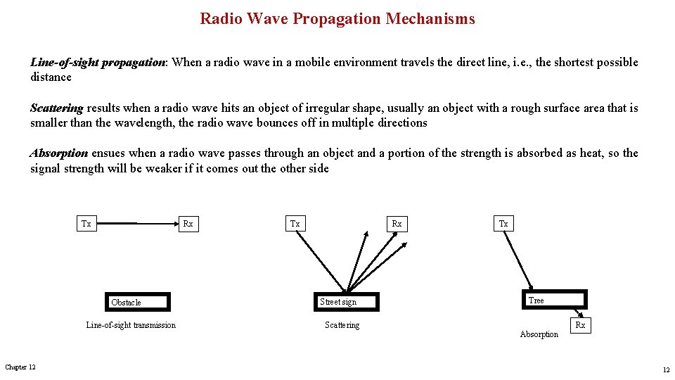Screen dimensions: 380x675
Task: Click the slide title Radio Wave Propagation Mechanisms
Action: click(337, 19)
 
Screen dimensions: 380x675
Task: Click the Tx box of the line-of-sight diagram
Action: click(86, 224)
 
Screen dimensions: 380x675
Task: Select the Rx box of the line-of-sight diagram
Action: click(188, 224)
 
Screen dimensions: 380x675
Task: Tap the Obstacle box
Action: click(138, 302)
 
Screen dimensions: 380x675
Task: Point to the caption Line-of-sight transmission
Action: click(131, 325)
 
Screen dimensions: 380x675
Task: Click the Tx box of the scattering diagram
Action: click(295, 224)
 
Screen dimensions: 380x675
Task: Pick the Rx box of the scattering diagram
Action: click(397, 224)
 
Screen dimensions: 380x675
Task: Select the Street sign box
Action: click(346, 302)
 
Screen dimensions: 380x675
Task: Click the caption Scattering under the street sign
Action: click(342, 325)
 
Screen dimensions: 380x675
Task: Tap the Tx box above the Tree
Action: click(503, 224)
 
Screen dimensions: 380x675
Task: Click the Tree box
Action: click(554, 300)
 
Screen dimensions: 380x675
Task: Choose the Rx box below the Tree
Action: click(580, 325)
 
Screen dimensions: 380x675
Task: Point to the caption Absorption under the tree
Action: click(539, 334)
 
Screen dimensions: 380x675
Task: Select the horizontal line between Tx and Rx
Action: click(136, 224)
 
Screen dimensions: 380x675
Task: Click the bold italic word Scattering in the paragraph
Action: click(56, 108)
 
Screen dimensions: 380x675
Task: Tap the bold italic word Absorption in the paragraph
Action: click(59, 153)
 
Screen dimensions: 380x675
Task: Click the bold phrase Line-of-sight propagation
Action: click(97, 63)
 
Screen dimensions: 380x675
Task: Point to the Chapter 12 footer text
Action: click(20, 367)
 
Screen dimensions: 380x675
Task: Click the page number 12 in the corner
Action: click(665, 370)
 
